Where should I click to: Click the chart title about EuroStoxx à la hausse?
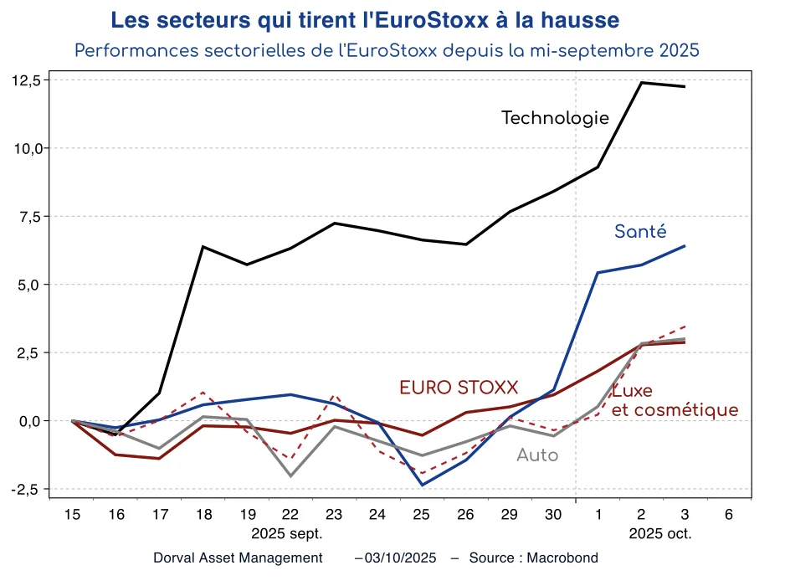click(x=366, y=19)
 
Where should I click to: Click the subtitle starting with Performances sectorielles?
click(x=387, y=50)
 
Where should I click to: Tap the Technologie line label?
click(x=555, y=118)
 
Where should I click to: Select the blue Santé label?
click(x=640, y=232)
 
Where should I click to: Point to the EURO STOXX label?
click(x=459, y=388)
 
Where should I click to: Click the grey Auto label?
click(x=537, y=455)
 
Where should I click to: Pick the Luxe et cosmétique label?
click(x=675, y=401)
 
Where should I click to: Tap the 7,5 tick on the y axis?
click(x=30, y=217)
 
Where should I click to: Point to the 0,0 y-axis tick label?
click(x=30, y=421)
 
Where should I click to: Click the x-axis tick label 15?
click(x=72, y=515)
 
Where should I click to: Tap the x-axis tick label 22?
click(x=290, y=515)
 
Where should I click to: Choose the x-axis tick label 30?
click(x=553, y=515)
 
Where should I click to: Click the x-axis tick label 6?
click(x=729, y=515)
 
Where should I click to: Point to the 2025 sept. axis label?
click(x=287, y=533)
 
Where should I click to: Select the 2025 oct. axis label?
click(x=660, y=533)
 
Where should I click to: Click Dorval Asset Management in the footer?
click(x=238, y=558)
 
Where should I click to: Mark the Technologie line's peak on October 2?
click(x=641, y=82)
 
